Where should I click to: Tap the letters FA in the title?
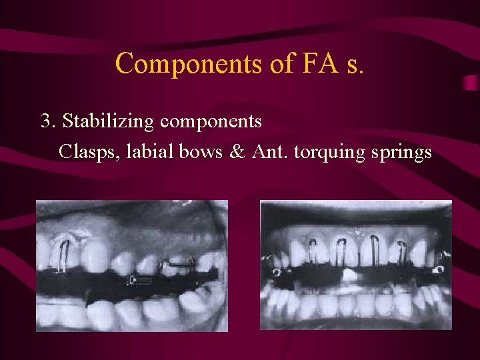click(302, 63)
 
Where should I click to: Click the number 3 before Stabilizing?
click(46, 121)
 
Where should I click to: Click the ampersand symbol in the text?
click(237, 152)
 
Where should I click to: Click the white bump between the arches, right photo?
click(351, 275)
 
